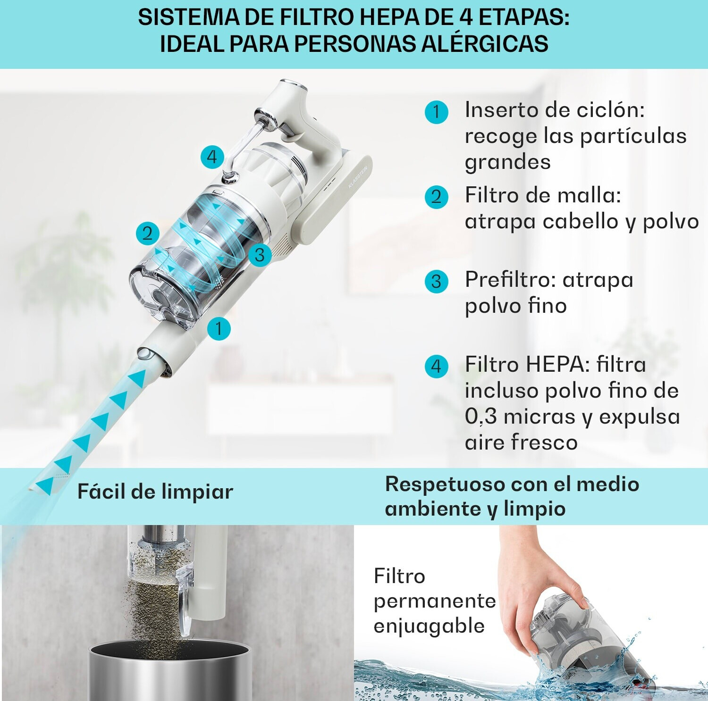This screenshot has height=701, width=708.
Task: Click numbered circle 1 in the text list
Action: coord(436,112)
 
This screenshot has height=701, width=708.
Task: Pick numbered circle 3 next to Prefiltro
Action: coord(436,282)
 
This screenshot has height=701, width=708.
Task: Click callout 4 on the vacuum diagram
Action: coord(212,157)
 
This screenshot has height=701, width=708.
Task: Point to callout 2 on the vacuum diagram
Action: coord(148,233)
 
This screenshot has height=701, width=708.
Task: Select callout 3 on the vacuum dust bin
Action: coord(259,255)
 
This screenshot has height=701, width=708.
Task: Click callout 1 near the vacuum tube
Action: coord(219,328)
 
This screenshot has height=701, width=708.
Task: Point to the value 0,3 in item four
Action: coord(480,417)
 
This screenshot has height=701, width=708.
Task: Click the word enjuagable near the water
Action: coord(429,626)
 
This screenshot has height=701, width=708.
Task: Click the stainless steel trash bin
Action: coord(170,670)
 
